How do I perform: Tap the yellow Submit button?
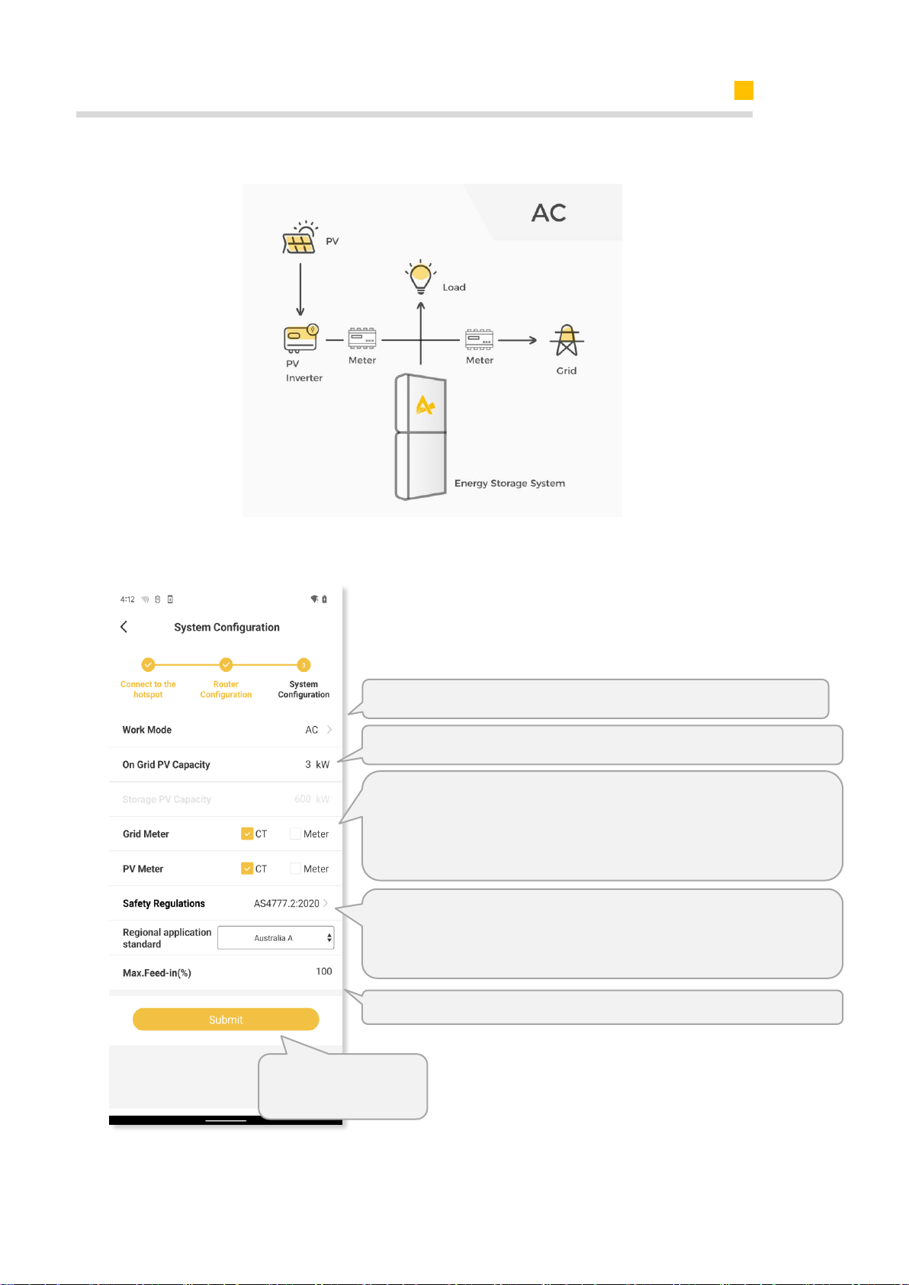pyautogui.click(x=226, y=1019)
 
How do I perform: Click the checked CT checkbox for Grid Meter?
pyautogui.click(x=247, y=833)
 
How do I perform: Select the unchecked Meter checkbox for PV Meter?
pyautogui.click(x=295, y=868)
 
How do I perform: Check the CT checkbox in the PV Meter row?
pyautogui.click(x=247, y=868)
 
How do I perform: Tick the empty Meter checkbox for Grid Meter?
pyautogui.click(x=295, y=833)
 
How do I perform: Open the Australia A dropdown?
pyautogui.click(x=276, y=937)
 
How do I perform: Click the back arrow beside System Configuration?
pyautogui.click(x=124, y=626)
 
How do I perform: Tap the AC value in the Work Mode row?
pyautogui.click(x=311, y=729)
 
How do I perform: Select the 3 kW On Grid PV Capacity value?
pyautogui.click(x=317, y=764)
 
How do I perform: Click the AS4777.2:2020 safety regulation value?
pyautogui.click(x=286, y=903)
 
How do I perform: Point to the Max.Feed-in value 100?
pyautogui.click(x=323, y=971)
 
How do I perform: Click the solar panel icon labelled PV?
pyautogui.click(x=300, y=237)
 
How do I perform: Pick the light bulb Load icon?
pyautogui.click(x=420, y=277)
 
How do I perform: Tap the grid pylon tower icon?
pyautogui.click(x=567, y=340)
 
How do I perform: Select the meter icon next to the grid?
pyautogui.click(x=479, y=339)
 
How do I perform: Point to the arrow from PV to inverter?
pyautogui.click(x=300, y=289)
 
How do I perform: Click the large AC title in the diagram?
pyautogui.click(x=549, y=213)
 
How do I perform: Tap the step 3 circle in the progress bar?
pyautogui.click(x=304, y=665)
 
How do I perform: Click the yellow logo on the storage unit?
pyautogui.click(x=425, y=406)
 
